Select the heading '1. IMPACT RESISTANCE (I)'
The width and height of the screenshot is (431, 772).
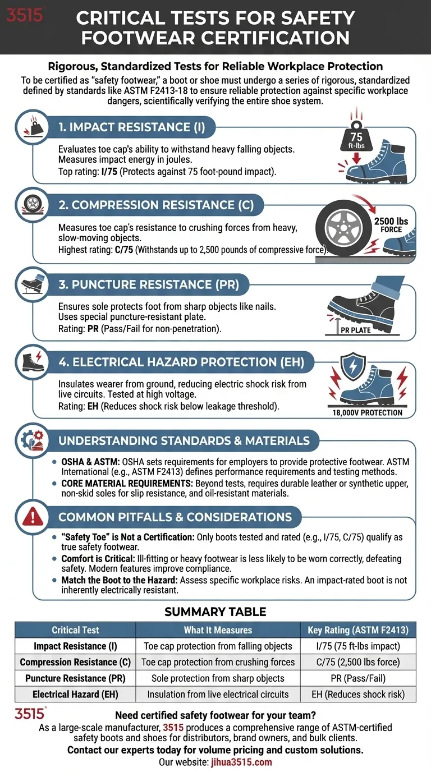click(131, 127)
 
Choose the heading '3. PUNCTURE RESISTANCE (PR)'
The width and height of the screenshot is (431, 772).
click(149, 284)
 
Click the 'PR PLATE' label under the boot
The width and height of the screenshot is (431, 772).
click(356, 330)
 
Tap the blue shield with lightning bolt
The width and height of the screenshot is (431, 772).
click(358, 365)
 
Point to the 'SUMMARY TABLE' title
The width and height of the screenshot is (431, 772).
click(215, 611)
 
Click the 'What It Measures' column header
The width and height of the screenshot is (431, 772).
click(218, 630)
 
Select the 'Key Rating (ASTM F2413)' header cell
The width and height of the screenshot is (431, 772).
click(357, 630)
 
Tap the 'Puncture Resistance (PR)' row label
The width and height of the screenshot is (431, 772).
click(75, 678)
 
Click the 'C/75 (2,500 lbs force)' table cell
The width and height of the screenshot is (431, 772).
click(357, 662)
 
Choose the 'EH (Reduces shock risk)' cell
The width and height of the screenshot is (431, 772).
click(357, 695)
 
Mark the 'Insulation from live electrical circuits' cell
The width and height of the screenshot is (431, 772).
click(218, 695)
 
